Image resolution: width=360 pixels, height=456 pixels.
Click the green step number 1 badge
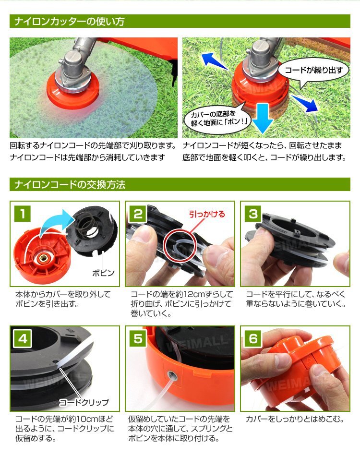coord(23,214)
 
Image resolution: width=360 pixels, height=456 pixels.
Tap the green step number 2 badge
coord(138,214)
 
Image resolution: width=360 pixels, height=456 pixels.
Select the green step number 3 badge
coord(253,214)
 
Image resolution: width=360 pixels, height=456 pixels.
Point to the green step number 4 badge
coord(23,339)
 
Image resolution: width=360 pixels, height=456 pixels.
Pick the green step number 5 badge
coord(138,339)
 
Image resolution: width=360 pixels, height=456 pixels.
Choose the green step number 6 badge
coord(253,339)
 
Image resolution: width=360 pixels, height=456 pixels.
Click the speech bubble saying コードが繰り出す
coord(313,71)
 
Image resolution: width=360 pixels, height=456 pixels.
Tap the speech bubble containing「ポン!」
coord(217,119)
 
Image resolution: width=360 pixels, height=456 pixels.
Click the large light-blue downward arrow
coord(263,117)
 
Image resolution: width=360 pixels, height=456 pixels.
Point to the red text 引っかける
coord(207,215)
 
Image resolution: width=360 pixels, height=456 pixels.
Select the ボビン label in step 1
coord(103,273)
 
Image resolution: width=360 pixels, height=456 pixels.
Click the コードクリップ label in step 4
coord(84,402)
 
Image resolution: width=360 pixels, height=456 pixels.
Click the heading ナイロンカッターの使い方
coord(70,21)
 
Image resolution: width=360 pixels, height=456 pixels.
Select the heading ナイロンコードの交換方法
coord(70,185)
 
